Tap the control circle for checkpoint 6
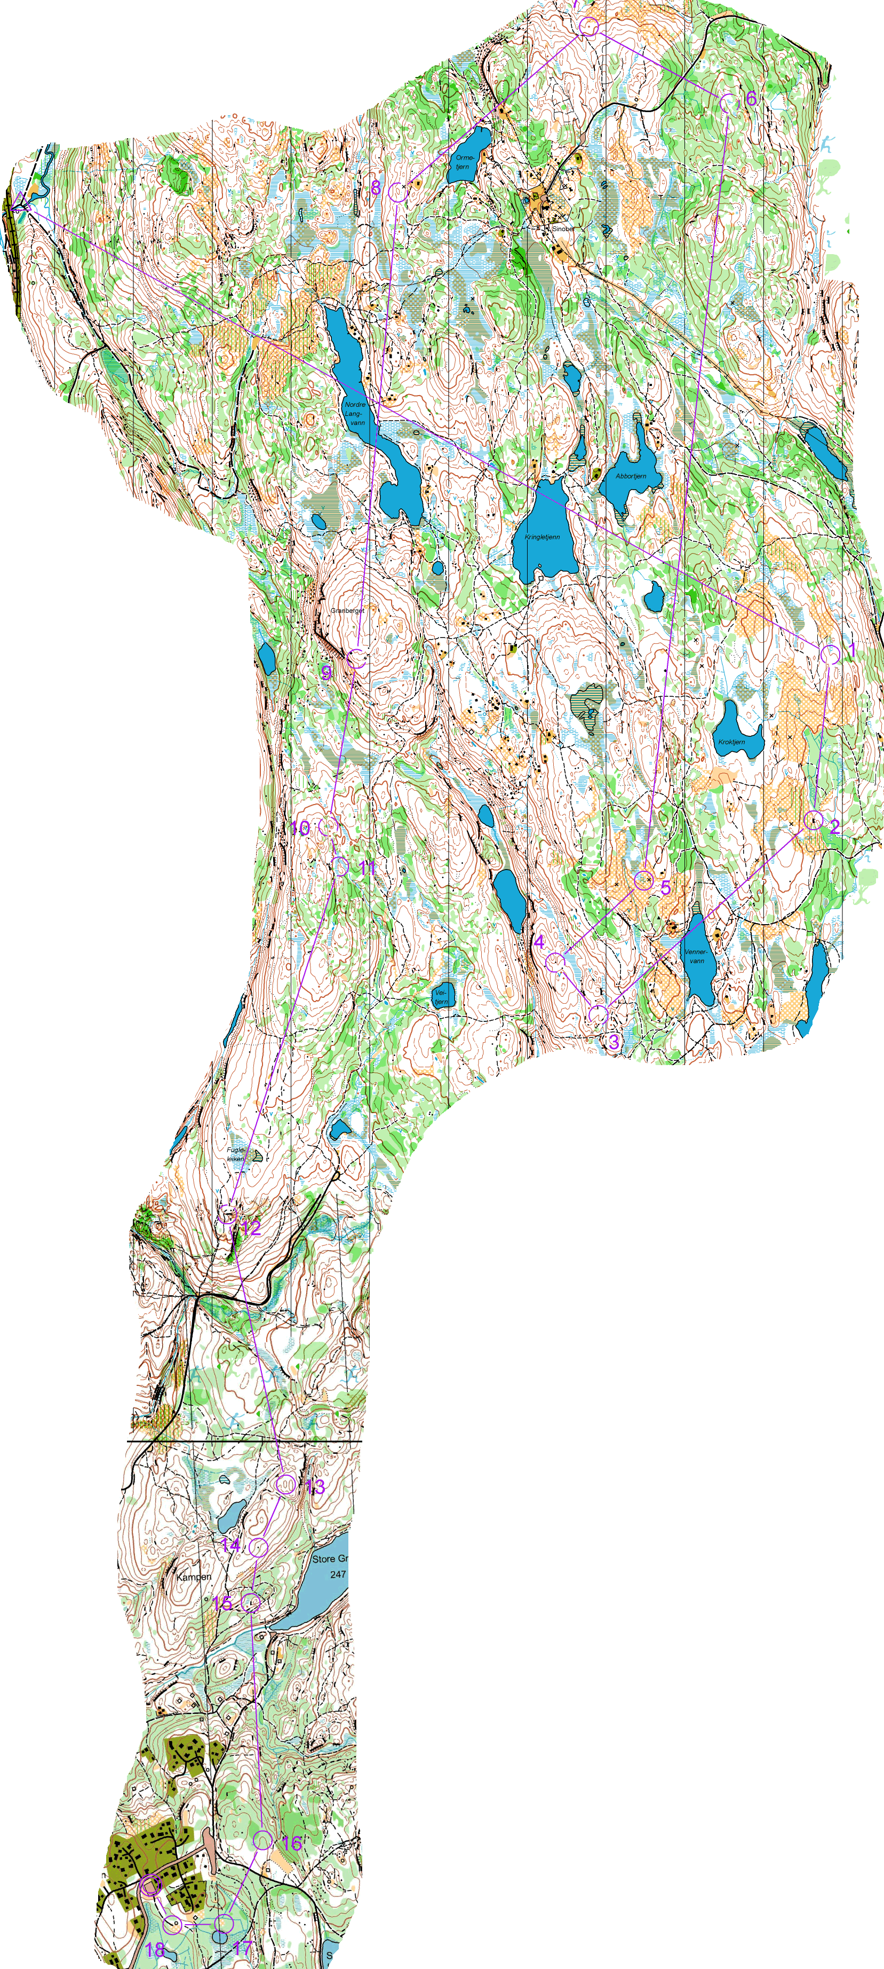[x=727, y=101]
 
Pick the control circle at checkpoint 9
[x=356, y=658]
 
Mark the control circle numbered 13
[x=286, y=1484]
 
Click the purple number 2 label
[x=834, y=827]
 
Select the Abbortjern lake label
[x=631, y=476]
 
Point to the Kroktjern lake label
[x=731, y=742]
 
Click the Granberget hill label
[x=348, y=611]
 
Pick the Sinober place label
[x=563, y=229]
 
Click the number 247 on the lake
[x=338, y=1574]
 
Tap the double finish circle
[x=150, y=1886]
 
